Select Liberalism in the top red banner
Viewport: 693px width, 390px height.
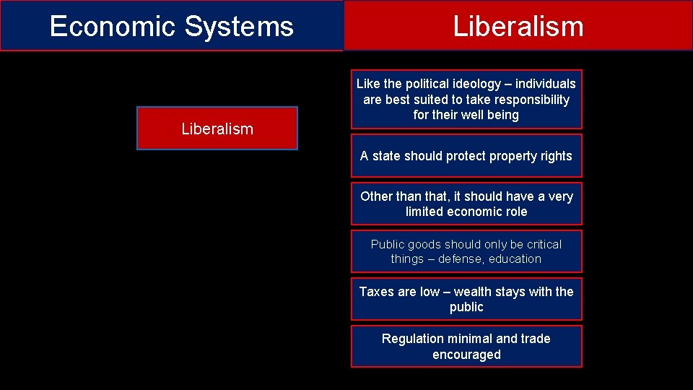(518, 27)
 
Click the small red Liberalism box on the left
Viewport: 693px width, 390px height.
(217, 129)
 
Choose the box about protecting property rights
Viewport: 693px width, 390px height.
(466, 156)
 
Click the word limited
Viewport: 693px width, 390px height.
(424, 212)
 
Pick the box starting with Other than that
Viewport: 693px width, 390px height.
(466, 204)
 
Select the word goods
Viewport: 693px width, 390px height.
(422, 244)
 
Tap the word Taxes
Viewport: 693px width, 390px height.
(377, 292)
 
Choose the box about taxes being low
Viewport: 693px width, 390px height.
(466, 299)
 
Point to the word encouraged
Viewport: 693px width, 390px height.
(466, 355)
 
